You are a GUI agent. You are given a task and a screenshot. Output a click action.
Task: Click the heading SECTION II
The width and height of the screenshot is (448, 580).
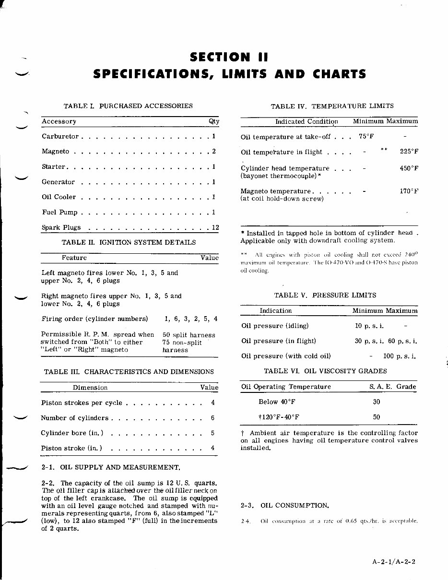[x=229, y=58]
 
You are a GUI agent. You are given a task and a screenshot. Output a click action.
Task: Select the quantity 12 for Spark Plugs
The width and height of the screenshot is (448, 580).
[x=215, y=228]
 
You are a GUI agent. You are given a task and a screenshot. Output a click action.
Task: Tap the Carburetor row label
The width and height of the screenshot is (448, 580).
[x=60, y=137]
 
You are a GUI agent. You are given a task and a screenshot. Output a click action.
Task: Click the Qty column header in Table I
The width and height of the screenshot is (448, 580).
[x=214, y=121]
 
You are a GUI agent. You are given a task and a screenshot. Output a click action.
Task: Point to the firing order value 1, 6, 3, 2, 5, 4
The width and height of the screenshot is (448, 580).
[x=190, y=319]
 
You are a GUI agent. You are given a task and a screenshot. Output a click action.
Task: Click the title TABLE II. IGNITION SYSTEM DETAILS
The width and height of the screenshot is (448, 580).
[x=129, y=243]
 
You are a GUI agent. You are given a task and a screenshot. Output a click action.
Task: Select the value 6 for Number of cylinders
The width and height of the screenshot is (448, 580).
[x=212, y=418]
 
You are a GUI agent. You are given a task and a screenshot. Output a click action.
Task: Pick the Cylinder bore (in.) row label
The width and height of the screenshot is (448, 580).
[x=72, y=433]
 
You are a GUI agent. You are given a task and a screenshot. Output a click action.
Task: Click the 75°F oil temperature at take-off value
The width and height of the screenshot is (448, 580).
[x=366, y=137]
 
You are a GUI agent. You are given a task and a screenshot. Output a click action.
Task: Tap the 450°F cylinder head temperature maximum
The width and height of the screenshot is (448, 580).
[x=409, y=168]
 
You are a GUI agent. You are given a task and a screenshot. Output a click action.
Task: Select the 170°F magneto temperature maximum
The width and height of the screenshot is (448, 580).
[x=409, y=191]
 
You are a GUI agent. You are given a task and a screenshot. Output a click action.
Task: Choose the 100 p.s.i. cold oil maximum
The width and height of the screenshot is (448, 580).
[x=399, y=356]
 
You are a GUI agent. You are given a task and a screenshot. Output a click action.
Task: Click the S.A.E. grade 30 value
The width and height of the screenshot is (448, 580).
[x=377, y=402]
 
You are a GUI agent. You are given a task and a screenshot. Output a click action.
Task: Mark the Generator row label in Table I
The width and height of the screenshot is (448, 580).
[x=58, y=182]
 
